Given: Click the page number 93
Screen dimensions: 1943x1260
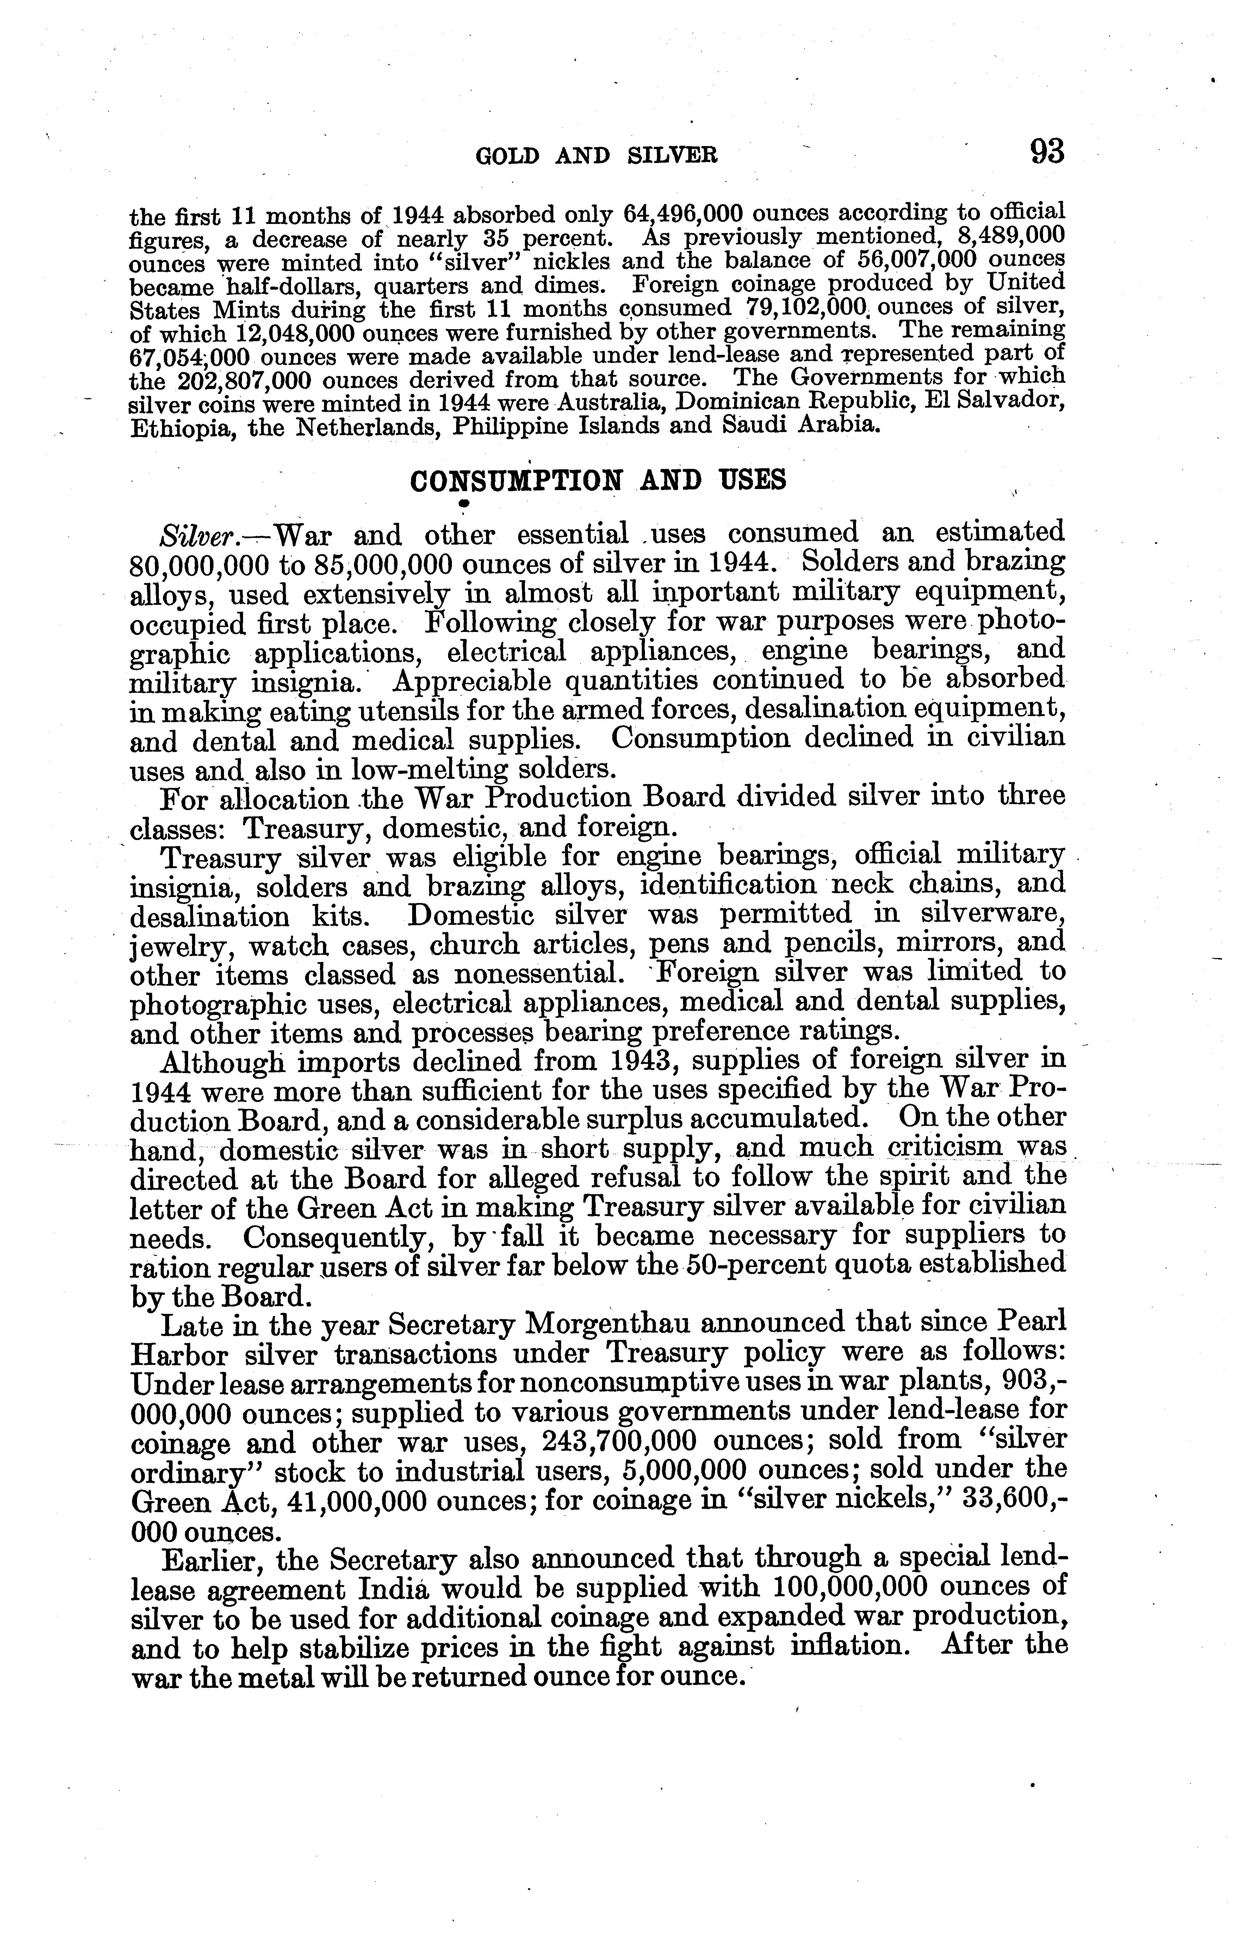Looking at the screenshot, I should (x=1047, y=152).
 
